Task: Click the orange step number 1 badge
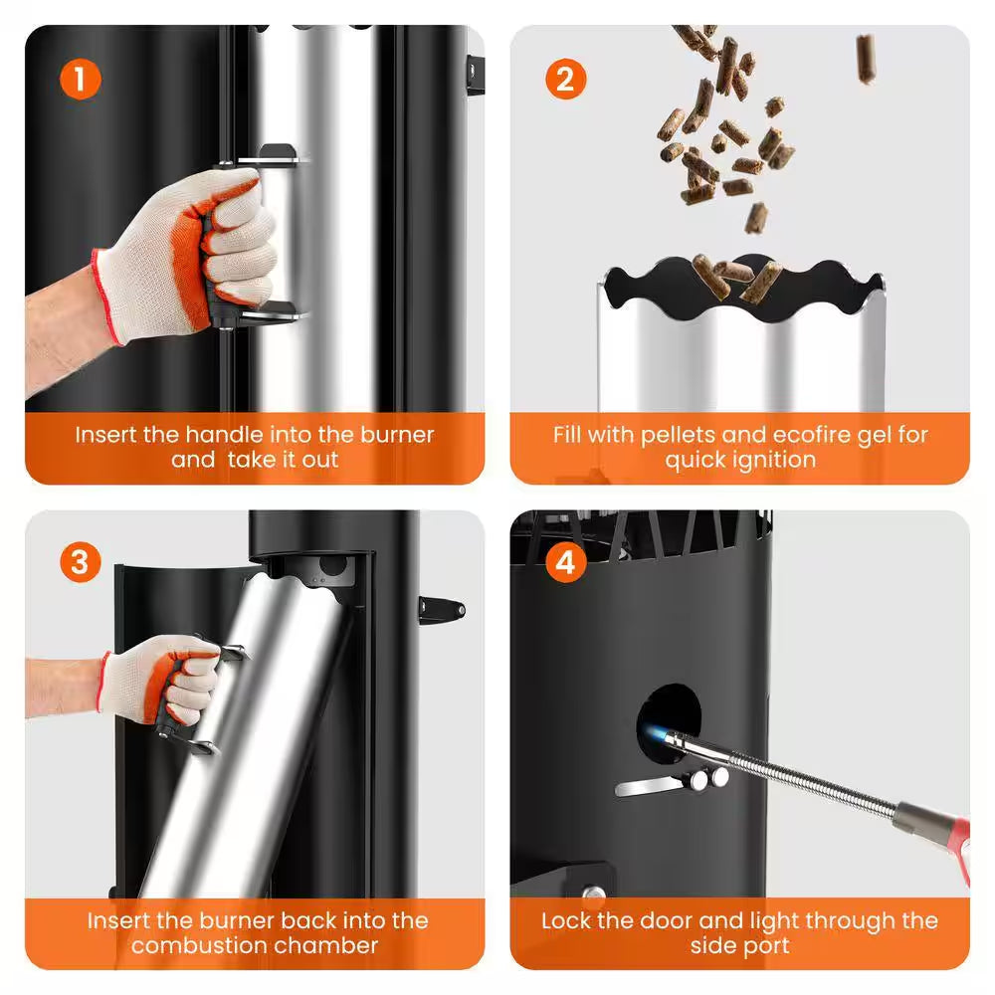pyautogui.click(x=80, y=80)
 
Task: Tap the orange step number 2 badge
pyautogui.click(x=565, y=80)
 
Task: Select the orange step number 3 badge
pyautogui.click(x=80, y=562)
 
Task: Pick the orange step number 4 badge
pyautogui.click(x=565, y=562)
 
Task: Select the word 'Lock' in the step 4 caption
pyautogui.click(x=567, y=920)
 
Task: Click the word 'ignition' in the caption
pyautogui.click(x=774, y=460)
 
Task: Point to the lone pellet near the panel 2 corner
pyautogui.click(x=866, y=59)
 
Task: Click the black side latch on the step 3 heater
pyautogui.click(x=442, y=611)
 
